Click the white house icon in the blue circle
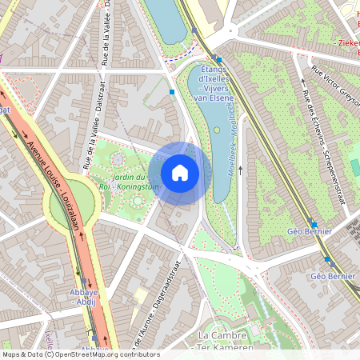point(180,173)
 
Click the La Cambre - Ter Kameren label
point(226,340)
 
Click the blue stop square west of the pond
point(172,93)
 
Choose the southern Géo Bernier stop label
point(331,276)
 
